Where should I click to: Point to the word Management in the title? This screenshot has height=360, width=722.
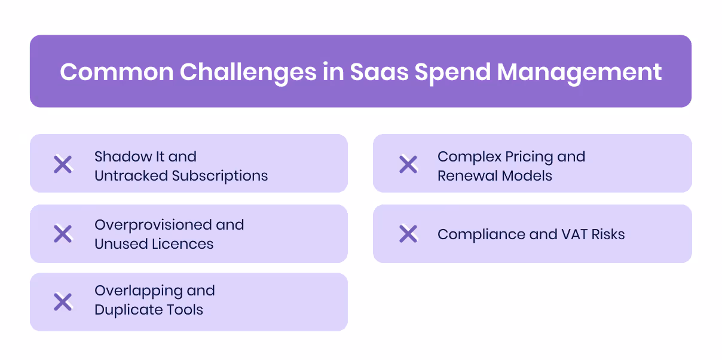(579, 72)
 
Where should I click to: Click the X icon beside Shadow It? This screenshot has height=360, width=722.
(63, 164)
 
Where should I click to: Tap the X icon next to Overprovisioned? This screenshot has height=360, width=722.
(63, 234)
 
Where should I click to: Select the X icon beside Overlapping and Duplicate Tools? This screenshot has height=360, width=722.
(63, 302)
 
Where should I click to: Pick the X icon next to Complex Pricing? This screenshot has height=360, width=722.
(408, 164)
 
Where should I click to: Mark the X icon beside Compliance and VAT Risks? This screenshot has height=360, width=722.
(408, 234)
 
